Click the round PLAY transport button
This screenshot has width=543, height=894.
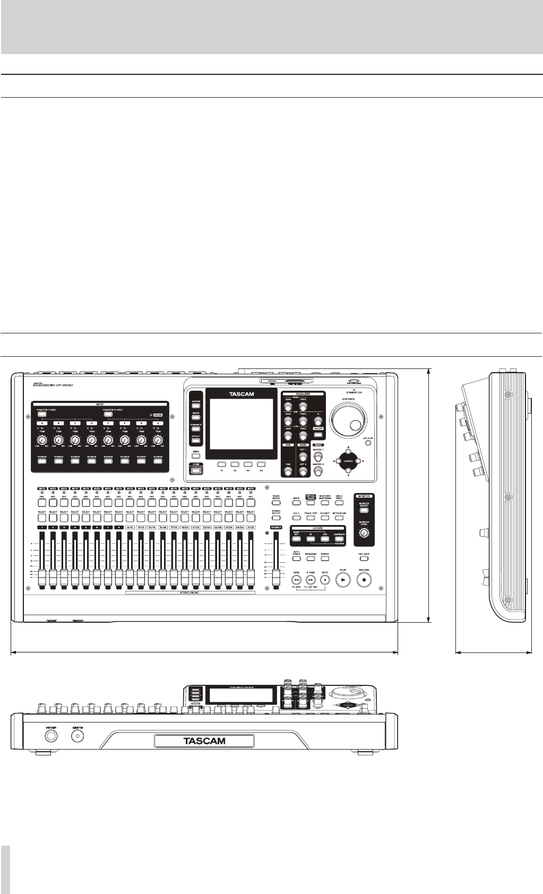tap(343, 580)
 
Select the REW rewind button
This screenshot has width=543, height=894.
tap(297, 580)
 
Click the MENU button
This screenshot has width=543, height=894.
tap(196, 455)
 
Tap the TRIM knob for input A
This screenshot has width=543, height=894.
tap(42, 440)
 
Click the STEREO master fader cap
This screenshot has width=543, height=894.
tap(275, 575)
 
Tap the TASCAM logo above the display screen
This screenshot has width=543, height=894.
tap(240, 394)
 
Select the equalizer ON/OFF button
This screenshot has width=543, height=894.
tap(318, 435)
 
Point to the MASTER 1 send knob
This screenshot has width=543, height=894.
tap(318, 454)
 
